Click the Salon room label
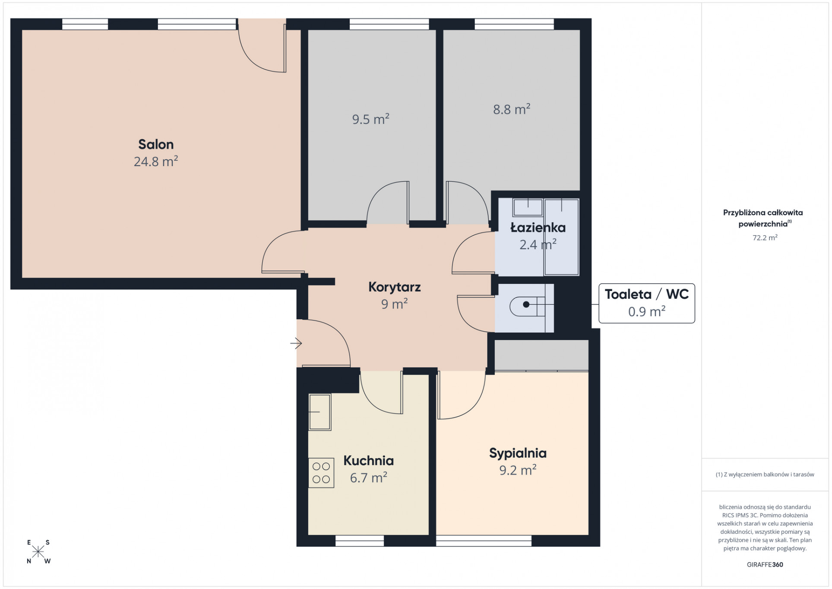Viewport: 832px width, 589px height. tap(156, 144)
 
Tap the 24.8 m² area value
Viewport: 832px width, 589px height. tap(156, 161)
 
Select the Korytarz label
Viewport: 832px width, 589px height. tap(394, 287)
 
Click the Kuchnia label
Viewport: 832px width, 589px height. tap(369, 461)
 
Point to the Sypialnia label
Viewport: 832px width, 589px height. tap(518, 453)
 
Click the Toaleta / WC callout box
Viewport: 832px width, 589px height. tap(647, 303)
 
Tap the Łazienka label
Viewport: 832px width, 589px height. tap(538, 228)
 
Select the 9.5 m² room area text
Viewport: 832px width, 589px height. tap(371, 119)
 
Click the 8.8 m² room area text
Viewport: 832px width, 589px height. tap(512, 109)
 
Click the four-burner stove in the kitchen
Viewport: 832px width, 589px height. tap(321, 473)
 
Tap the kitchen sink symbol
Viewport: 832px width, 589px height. tap(320, 412)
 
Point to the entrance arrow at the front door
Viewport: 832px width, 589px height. tap(296, 343)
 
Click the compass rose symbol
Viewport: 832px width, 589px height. tap(38, 552)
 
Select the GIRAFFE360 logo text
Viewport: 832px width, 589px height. tap(765, 564)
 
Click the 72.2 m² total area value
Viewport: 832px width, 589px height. tap(765, 237)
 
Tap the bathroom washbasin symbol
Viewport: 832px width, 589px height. tap(528, 207)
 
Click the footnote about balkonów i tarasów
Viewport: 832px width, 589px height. tap(765, 475)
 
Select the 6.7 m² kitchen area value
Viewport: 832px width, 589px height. tap(369, 478)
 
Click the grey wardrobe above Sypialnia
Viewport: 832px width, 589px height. tap(541, 355)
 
